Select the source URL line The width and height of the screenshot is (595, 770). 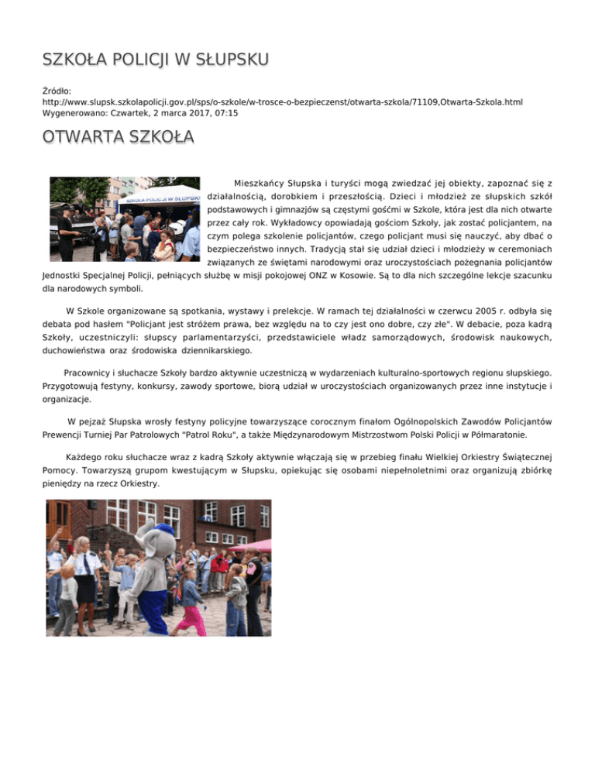[x=293, y=101]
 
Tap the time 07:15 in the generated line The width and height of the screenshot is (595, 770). [x=225, y=113]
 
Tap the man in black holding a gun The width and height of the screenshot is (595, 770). [x=67, y=225]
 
